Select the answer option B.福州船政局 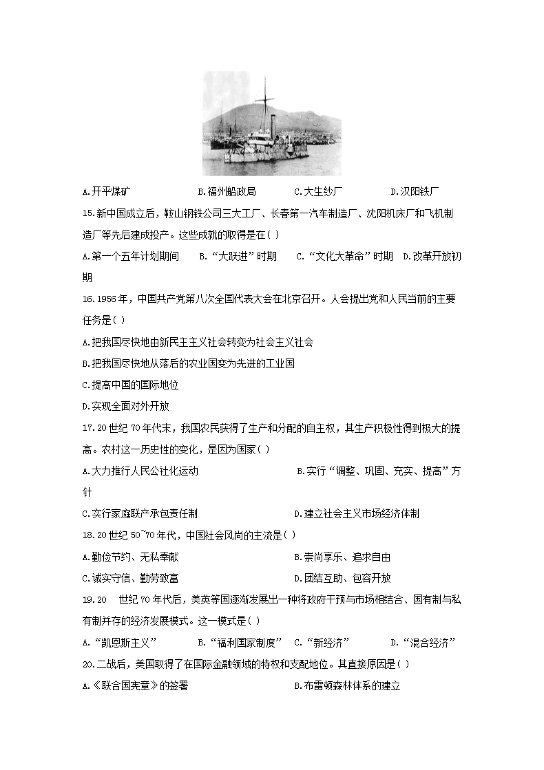click(227, 191)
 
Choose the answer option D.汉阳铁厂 click(415, 191)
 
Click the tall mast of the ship click(264, 103)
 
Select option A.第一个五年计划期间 click(130, 256)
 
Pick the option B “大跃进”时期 click(238, 256)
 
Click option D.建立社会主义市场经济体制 click(357, 513)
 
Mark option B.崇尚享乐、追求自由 click(342, 557)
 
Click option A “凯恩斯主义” click(120, 643)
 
